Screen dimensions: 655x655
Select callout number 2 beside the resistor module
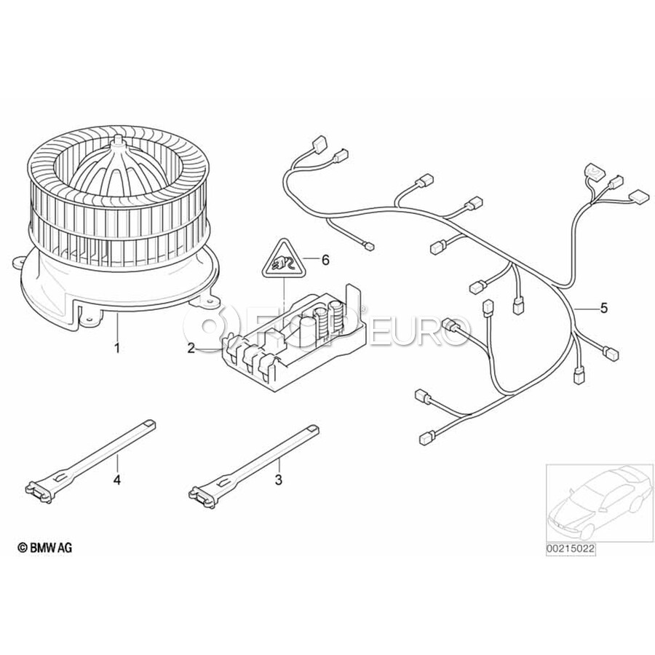[x=191, y=348]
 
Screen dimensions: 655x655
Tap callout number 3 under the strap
[x=279, y=480]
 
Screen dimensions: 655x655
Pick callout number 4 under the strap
[x=117, y=480]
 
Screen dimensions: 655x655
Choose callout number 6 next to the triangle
[x=325, y=260]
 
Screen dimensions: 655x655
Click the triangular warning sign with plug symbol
[x=284, y=261]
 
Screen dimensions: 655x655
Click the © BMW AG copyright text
[x=45, y=547]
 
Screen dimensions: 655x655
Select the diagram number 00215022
[x=571, y=549]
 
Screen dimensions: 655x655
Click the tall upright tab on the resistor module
[x=354, y=301]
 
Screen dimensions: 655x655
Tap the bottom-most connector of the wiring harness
[x=425, y=438]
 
